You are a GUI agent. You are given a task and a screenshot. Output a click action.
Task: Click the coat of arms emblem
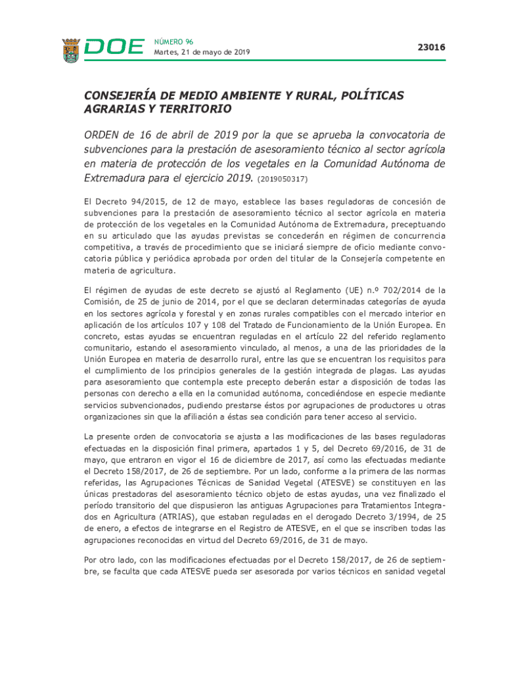point(71,50)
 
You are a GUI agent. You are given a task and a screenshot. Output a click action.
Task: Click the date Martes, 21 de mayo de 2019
point(202,53)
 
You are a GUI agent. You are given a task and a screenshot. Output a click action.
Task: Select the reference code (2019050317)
point(283,179)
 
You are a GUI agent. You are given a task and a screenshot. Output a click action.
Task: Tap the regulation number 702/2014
point(392,290)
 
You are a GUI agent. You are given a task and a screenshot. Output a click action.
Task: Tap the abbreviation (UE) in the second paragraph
point(352,290)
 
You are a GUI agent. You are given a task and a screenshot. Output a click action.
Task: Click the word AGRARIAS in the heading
point(112,109)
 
